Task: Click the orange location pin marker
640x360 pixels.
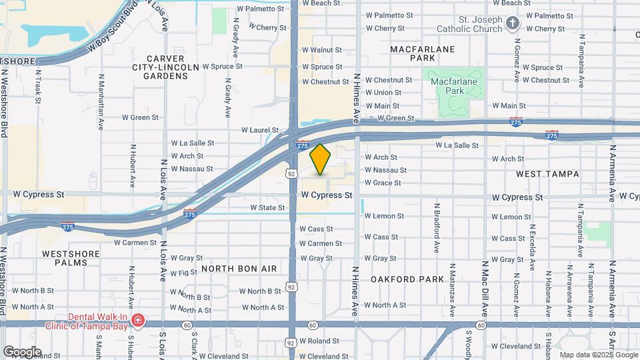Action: pyautogui.click(x=321, y=159)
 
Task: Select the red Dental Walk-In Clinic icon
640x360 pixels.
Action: pyautogui.click(x=138, y=321)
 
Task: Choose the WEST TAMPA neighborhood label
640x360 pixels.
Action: pyautogui.click(x=547, y=174)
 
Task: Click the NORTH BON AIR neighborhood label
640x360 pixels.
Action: pyautogui.click(x=239, y=268)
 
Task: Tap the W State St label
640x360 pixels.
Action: pyautogui.click(x=267, y=208)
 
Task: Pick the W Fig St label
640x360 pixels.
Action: pyautogui.click(x=188, y=273)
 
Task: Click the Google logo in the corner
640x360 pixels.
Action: pyautogui.click(x=21, y=352)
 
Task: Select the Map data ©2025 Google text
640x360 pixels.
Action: pyautogui.click(x=598, y=355)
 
